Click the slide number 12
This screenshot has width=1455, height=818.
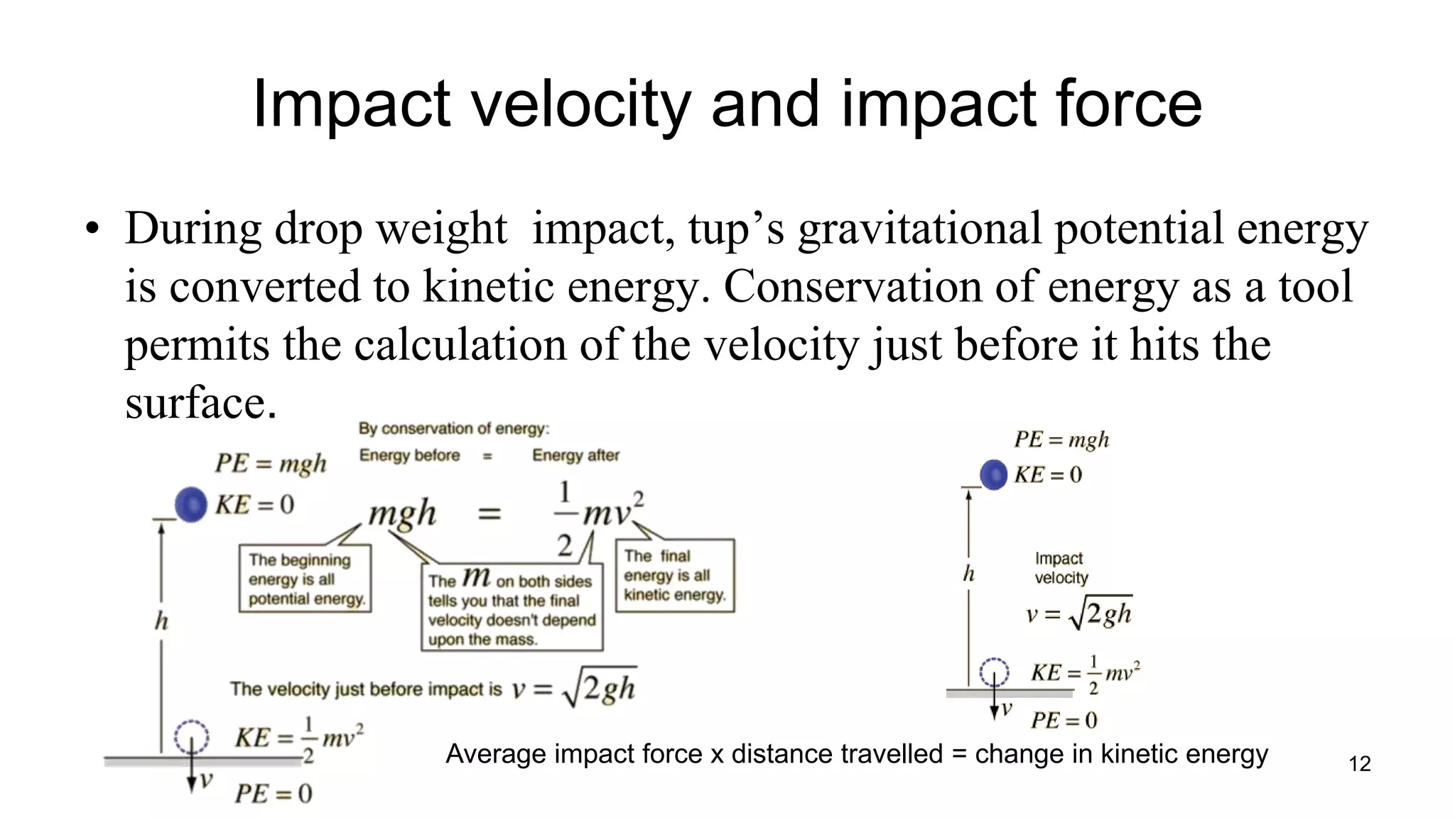[1359, 764]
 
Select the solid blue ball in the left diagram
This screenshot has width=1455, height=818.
[191, 505]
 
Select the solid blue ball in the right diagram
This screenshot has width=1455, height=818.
[993, 474]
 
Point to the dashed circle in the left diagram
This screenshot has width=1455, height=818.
[192, 737]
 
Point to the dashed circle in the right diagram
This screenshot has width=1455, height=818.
[994, 671]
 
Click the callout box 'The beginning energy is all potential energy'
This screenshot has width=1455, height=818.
[305, 579]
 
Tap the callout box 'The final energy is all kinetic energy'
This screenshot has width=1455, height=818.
[674, 575]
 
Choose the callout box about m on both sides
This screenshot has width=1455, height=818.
[512, 607]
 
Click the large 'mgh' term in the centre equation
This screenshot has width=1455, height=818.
[402, 513]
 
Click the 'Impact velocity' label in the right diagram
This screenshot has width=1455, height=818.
[1061, 568]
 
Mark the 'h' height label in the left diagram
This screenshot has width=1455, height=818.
[162, 621]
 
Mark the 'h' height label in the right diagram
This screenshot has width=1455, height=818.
[968, 574]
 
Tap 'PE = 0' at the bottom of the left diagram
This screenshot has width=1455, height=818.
[274, 793]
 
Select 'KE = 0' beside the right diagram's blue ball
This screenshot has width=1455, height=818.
[1048, 474]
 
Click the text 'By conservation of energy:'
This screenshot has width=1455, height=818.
[454, 428]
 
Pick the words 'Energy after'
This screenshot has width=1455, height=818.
[575, 455]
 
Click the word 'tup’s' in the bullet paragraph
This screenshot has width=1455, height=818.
[736, 229]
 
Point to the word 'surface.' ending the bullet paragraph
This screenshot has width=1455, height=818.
[200, 403]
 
